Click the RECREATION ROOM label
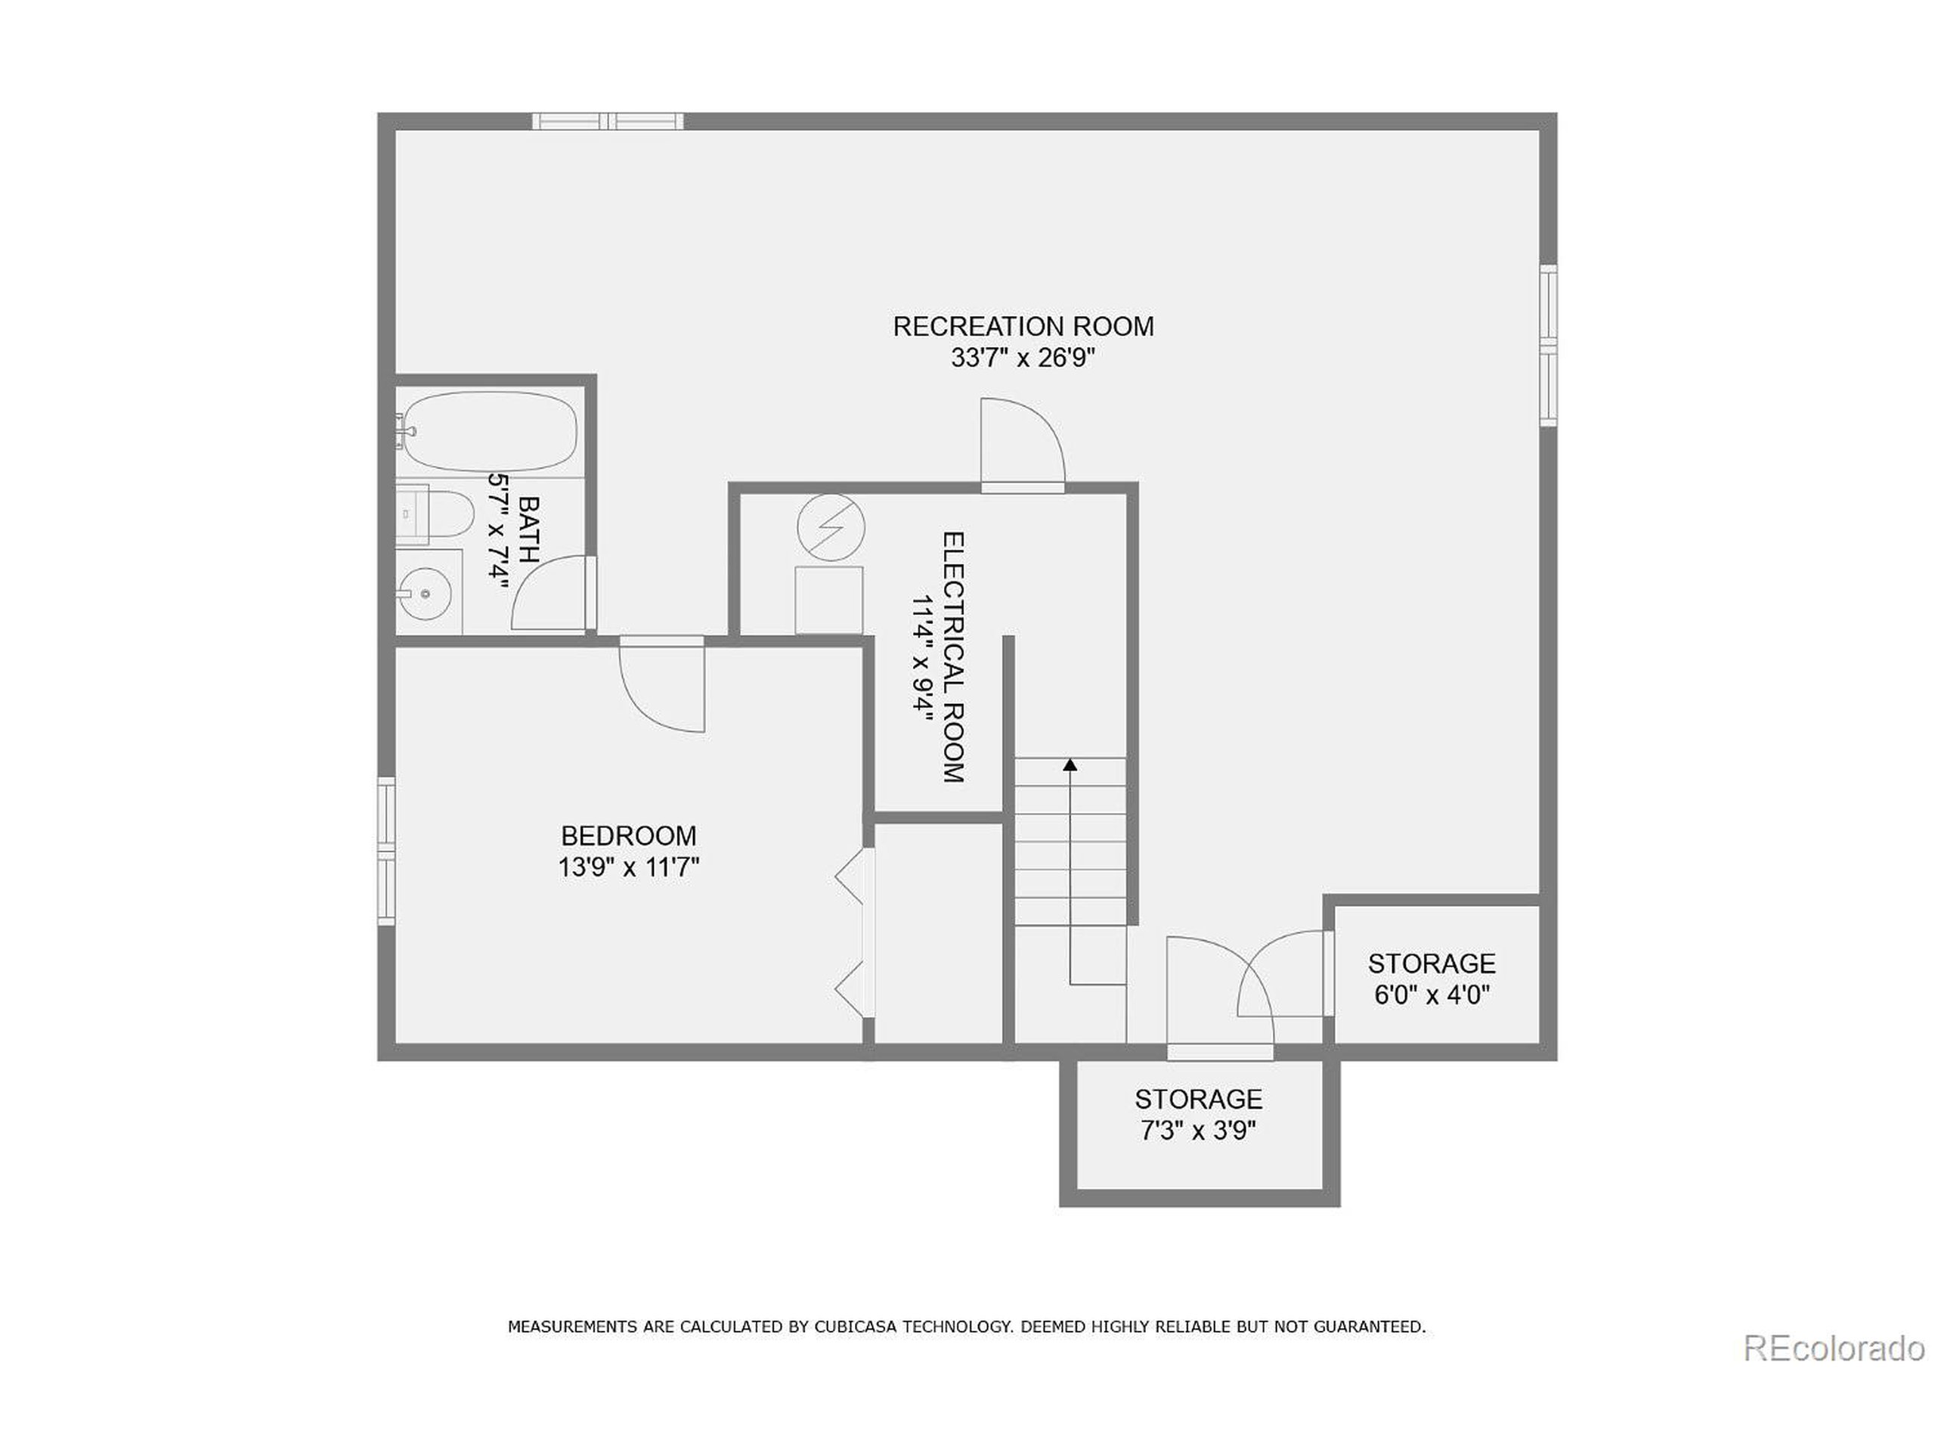click(x=1023, y=327)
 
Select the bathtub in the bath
click(x=491, y=432)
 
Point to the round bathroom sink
click(x=425, y=594)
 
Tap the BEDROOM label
click(x=628, y=836)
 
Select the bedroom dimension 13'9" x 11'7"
click(x=628, y=868)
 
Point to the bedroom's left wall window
click(x=385, y=850)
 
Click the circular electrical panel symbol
click(x=830, y=528)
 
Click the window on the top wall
click(x=608, y=121)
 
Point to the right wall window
click(x=1548, y=345)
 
